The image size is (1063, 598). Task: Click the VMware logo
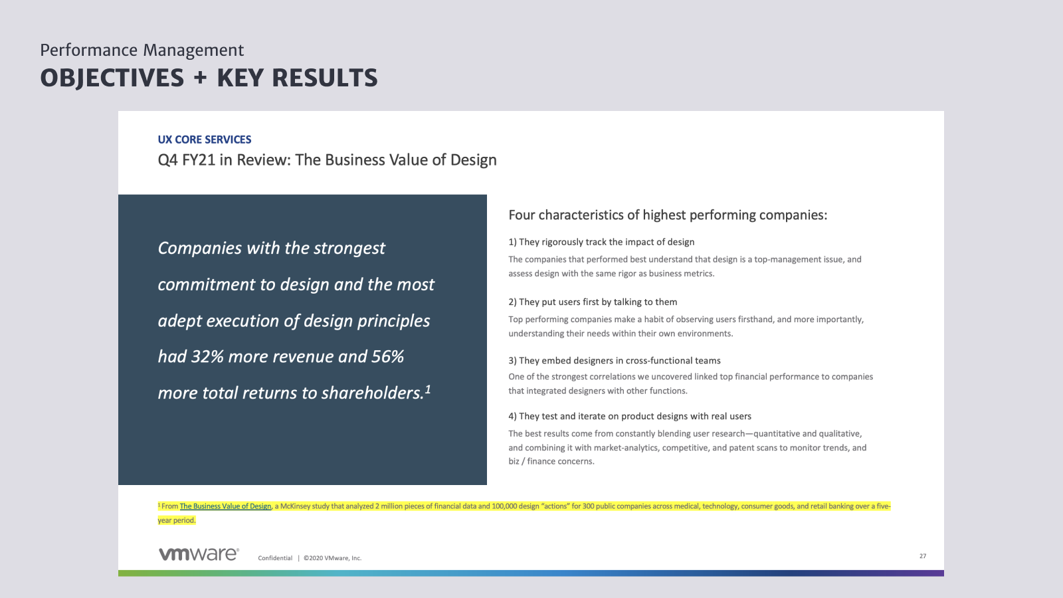(x=199, y=554)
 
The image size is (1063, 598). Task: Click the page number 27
(x=923, y=555)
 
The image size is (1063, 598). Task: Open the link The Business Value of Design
(x=225, y=506)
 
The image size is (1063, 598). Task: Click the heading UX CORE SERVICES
(x=205, y=140)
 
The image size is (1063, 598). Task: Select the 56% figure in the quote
(x=387, y=356)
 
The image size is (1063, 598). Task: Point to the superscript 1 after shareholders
(x=428, y=389)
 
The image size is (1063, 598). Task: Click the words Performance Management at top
(x=142, y=50)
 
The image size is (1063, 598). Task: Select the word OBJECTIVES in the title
(x=112, y=78)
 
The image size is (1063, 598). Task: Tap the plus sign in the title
(x=200, y=78)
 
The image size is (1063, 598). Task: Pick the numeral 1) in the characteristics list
(x=512, y=242)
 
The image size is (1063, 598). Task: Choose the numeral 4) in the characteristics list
(x=512, y=416)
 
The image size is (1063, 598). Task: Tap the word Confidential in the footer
(x=275, y=558)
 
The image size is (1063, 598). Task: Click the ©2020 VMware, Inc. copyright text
(x=333, y=558)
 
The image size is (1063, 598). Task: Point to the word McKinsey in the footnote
(x=295, y=506)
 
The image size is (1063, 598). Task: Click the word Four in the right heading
(x=522, y=215)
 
